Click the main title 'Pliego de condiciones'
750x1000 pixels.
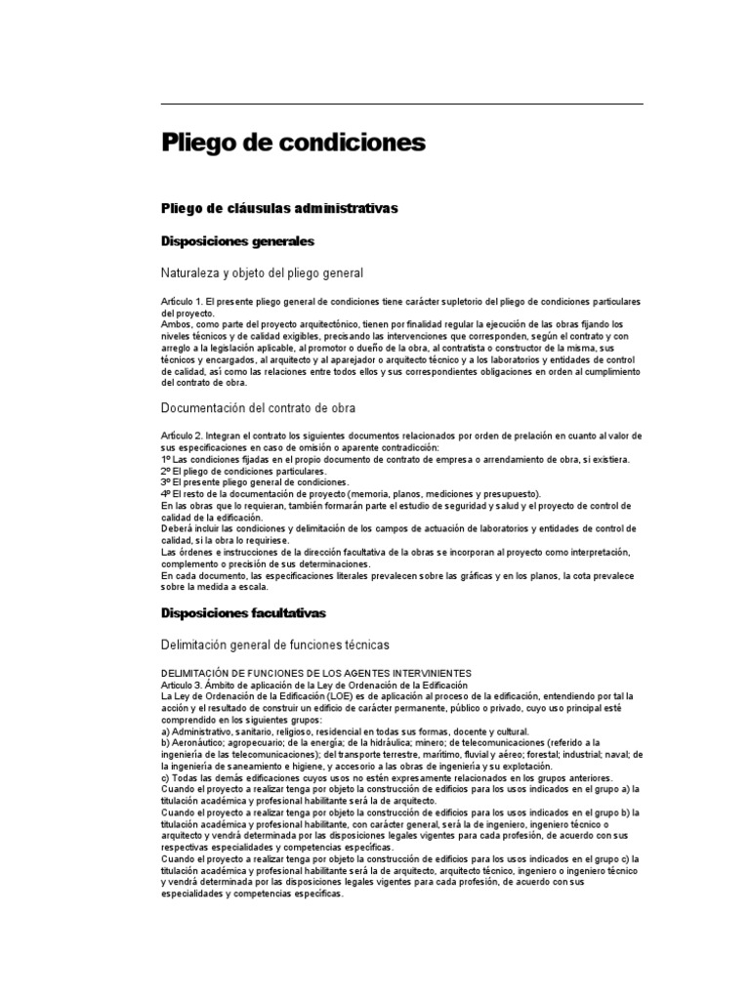pos(293,143)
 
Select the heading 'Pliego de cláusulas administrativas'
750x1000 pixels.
pos(279,208)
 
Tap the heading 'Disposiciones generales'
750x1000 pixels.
pos(237,240)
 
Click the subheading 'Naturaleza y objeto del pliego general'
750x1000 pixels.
pos(262,272)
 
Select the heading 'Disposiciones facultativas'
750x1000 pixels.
pos(243,612)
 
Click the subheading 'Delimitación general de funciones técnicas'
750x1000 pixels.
pos(274,645)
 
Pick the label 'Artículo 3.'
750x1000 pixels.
pos(181,685)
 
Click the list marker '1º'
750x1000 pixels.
pos(165,459)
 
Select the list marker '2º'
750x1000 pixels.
pos(165,471)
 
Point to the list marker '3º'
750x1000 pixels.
pos(165,482)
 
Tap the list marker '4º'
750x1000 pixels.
pos(165,494)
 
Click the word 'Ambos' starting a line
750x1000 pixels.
pos(176,324)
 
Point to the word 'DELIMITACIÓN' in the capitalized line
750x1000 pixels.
pos(196,673)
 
